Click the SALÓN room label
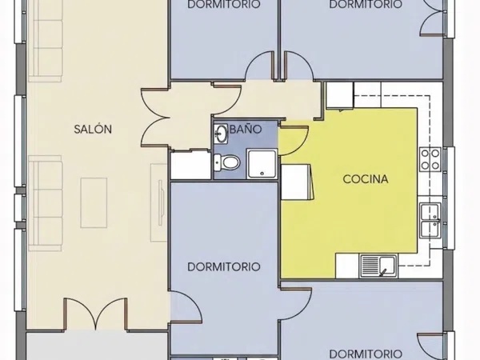[x=93, y=129]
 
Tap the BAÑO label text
[x=246, y=129]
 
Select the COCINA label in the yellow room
[x=366, y=179]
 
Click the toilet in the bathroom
[x=226, y=162]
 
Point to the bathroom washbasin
[x=221, y=134]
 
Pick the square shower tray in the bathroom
[x=262, y=164]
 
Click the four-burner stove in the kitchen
[x=430, y=159]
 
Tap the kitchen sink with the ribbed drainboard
[x=378, y=266]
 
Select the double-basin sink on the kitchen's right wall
[x=430, y=220]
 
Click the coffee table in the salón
[x=94, y=202]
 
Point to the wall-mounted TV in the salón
[x=160, y=202]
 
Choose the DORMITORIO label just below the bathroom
[x=224, y=266]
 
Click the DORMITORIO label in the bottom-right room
[x=366, y=354]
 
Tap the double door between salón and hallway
[x=156, y=118]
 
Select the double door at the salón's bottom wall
[x=96, y=314]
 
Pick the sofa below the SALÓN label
[x=46, y=203]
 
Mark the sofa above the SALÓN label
[x=46, y=40]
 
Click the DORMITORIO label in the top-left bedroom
[x=224, y=4]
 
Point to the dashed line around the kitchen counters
[x=430, y=181]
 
